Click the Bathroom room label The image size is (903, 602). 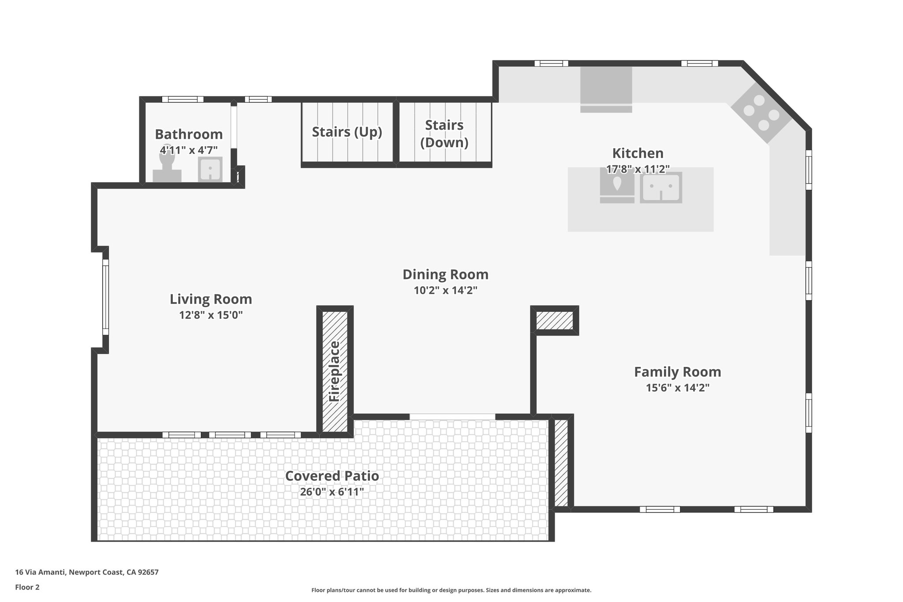189,134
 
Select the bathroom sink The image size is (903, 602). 210,168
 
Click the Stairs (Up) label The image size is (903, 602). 347,132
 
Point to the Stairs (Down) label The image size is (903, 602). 444,134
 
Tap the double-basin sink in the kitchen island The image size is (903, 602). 661,187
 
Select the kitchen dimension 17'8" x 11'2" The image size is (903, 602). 638,169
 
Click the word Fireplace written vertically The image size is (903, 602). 335,371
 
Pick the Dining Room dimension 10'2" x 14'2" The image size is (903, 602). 445,290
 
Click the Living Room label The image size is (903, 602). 211,299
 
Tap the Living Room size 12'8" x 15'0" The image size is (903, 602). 211,315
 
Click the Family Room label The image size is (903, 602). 677,372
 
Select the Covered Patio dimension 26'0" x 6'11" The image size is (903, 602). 332,492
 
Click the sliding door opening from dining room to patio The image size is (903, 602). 452,417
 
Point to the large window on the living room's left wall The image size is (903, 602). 105,297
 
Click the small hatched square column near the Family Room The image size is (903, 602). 554,320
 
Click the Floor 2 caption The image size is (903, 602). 27,587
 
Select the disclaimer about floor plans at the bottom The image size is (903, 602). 451,590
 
